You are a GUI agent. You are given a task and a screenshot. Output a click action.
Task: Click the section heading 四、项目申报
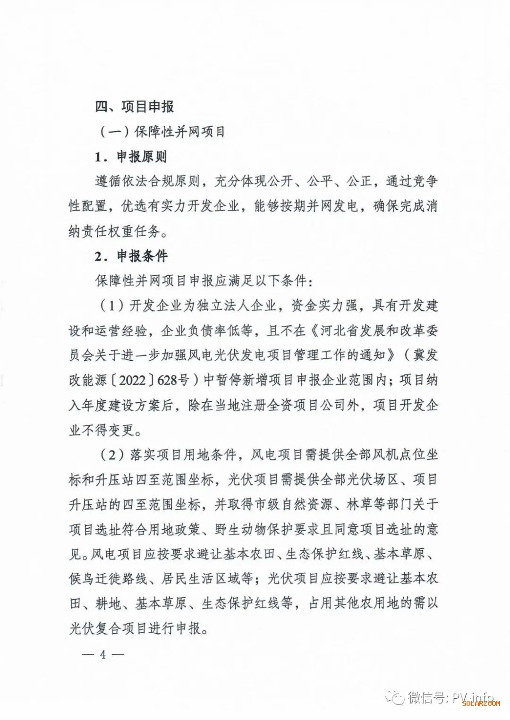click(135, 107)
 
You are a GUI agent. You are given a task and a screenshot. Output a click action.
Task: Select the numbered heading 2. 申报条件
click(131, 256)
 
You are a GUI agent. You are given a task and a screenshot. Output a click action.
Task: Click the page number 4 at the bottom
click(102, 655)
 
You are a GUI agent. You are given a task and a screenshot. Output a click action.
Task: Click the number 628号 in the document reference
click(173, 380)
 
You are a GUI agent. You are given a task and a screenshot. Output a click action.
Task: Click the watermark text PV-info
click(472, 697)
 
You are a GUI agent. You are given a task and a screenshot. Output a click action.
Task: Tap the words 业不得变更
click(102, 430)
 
